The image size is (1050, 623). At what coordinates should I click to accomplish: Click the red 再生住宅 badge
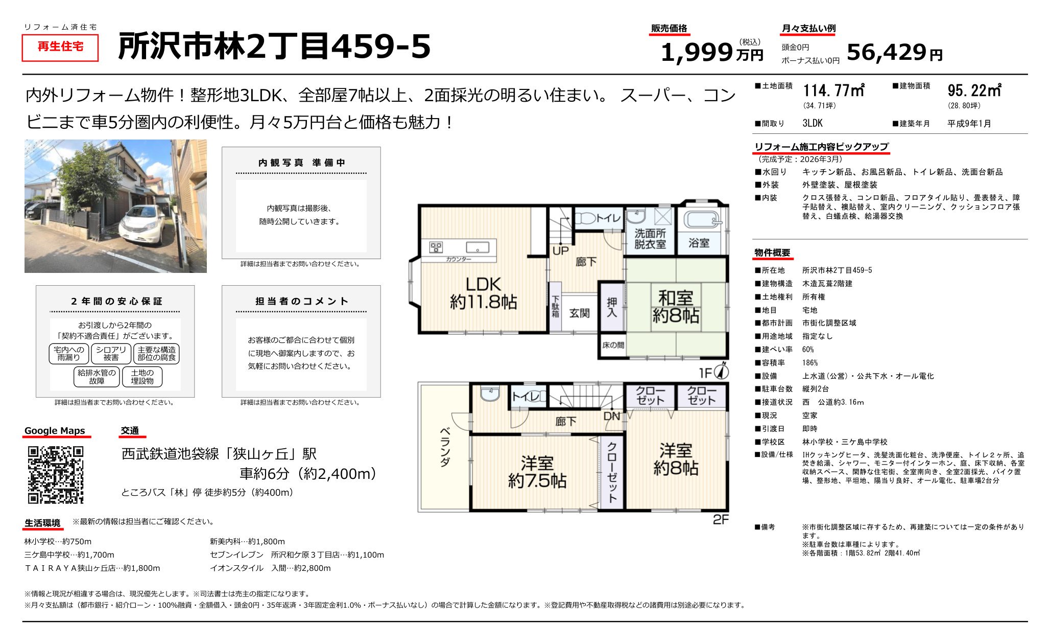(60, 47)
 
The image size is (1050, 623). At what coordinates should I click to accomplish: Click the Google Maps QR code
(55, 475)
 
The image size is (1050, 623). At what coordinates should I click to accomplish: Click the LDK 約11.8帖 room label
(483, 293)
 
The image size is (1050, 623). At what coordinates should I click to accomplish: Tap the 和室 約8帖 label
(675, 307)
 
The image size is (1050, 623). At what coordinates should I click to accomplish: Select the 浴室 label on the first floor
(698, 243)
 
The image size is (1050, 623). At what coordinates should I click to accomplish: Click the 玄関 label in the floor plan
(579, 313)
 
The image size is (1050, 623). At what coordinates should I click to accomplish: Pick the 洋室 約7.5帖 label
(537, 472)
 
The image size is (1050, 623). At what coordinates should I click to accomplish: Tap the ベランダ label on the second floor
(445, 447)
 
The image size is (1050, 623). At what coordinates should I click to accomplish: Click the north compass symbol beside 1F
(722, 371)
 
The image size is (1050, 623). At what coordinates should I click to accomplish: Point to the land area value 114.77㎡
(833, 90)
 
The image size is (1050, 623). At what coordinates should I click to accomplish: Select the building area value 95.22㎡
(974, 90)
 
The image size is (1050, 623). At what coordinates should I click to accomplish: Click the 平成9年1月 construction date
(969, 124)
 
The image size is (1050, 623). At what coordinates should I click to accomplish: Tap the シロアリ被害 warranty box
(111, 354)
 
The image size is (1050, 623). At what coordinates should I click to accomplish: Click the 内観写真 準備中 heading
(301, 163)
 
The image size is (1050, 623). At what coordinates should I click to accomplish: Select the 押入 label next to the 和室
(611, 307)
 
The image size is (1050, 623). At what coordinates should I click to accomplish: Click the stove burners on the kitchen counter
(436, 247)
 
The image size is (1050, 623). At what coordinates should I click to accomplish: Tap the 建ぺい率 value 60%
(807, 350)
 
